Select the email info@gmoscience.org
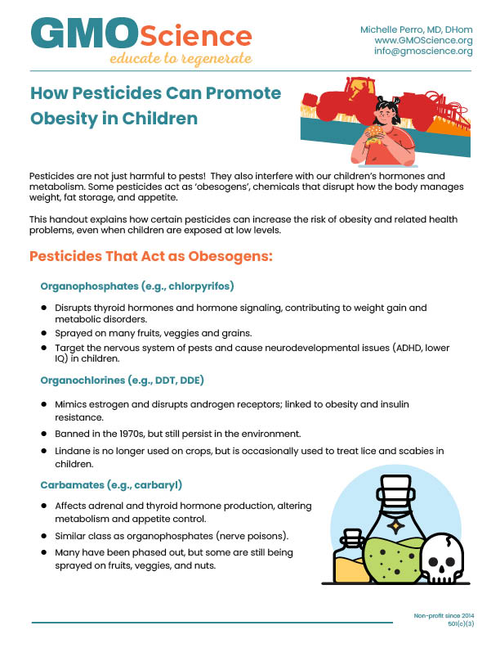[423, 51]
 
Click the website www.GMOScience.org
[423, 40]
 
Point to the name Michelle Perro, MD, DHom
[416, 29]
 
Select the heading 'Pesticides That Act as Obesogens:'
[150, 256]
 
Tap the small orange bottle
[353, 560]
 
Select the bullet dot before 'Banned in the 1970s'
[44, 433]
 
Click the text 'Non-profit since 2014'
[444, 615]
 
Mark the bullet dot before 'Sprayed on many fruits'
[44, 335]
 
